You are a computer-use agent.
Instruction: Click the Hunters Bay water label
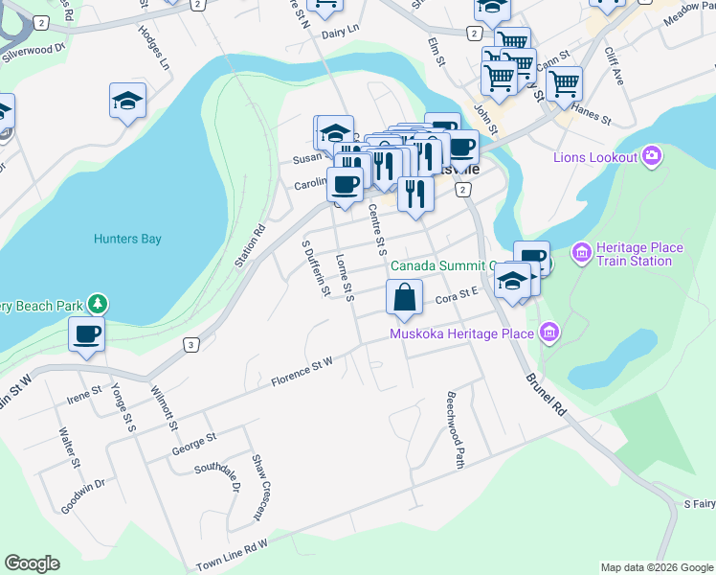point(127,239)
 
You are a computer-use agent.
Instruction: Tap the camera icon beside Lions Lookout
point(653,156)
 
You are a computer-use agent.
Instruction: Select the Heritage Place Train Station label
point(639,254)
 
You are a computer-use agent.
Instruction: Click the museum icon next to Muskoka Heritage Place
point(548,333)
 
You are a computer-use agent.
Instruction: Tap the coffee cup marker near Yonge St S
point(86,334)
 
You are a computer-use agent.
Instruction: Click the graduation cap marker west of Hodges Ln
point(127,101)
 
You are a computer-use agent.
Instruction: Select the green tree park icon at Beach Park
point(97,305)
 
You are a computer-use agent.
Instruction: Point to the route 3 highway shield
point(191,345)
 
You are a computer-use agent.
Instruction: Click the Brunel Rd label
point(546,392)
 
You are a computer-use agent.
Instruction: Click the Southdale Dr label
point(216,473)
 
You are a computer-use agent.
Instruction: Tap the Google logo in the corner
point(32,563)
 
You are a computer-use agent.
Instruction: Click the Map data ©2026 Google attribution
point(656,567)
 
